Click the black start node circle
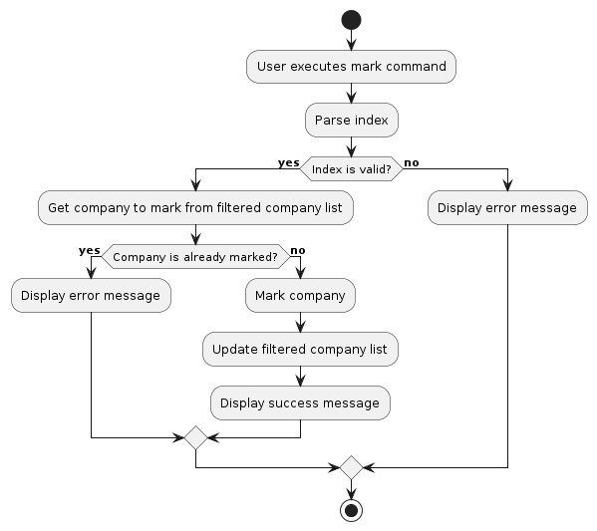tap(351, 20)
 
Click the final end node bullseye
tap(351, 510)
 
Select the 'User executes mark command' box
tap(351, 67)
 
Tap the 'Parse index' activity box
tap(352, 120)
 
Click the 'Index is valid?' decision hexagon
tap(351, 168)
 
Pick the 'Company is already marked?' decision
tap(195, 257)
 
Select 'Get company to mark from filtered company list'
tap(195, 207)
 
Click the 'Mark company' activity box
tap(300, 295)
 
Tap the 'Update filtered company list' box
tap(300, 349)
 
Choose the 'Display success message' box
tap(300, 402)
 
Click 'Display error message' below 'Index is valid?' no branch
tap(507, 207)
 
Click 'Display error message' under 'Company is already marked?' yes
tap(91, 295)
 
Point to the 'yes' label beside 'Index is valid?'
tap(289, 163)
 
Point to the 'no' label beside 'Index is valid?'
tap(412, 163)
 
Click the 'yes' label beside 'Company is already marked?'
tap(90, 250)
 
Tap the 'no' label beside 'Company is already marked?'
tap(298, 250)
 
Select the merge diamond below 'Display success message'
tap(195, 437)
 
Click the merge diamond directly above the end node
tap(351, 467)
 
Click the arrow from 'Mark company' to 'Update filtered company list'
tap(300, 322)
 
